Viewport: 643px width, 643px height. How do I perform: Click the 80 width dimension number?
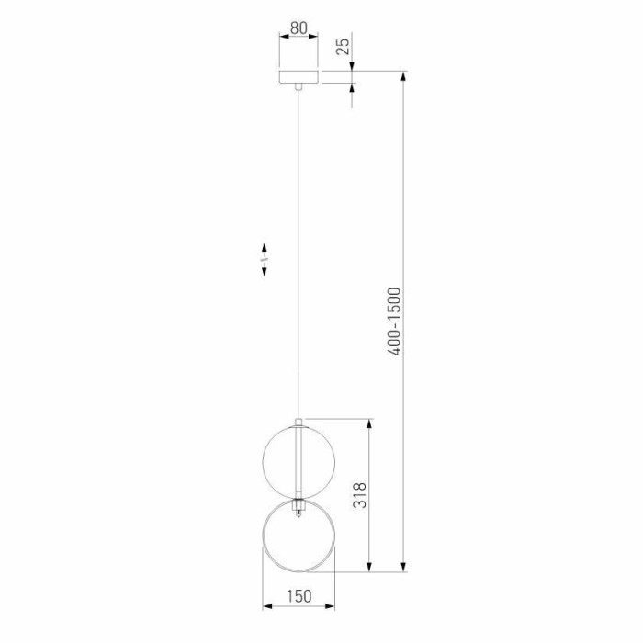299,28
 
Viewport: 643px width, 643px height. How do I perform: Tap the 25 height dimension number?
344,46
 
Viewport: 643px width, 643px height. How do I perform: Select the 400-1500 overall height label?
394,321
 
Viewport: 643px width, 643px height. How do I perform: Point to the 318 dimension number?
360,495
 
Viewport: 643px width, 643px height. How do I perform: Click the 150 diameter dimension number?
299,596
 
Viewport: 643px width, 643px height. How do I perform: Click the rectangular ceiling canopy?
299,77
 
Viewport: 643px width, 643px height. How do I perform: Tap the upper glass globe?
299,461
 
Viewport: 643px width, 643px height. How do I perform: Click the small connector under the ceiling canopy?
299,86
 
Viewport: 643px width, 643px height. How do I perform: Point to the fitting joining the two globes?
299,505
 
